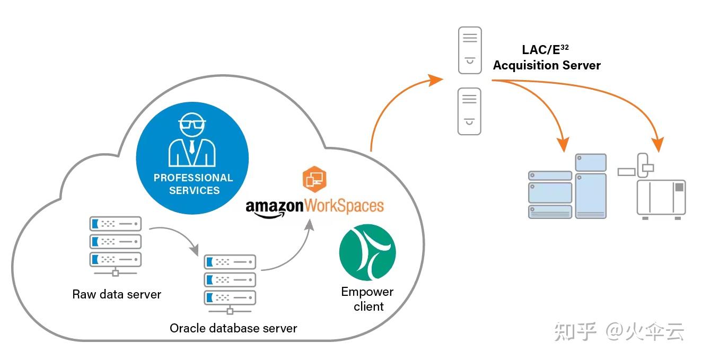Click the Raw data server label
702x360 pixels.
click(117, 294)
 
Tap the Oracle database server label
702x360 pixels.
click(233, 328)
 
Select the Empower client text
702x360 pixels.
click(367, 299)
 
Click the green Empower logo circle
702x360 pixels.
click(367, 253)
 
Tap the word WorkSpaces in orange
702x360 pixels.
click(343, 205)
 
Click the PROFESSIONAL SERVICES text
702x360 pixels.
click(194, 184)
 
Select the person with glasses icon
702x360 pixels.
click(192, 140)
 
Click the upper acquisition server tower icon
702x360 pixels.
click(470, 50)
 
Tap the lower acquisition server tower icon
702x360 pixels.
click(470, 111)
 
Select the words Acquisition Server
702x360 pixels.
click(547, 66)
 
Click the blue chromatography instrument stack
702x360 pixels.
click(567, 187)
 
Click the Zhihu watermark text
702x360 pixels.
click(619, 332)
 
